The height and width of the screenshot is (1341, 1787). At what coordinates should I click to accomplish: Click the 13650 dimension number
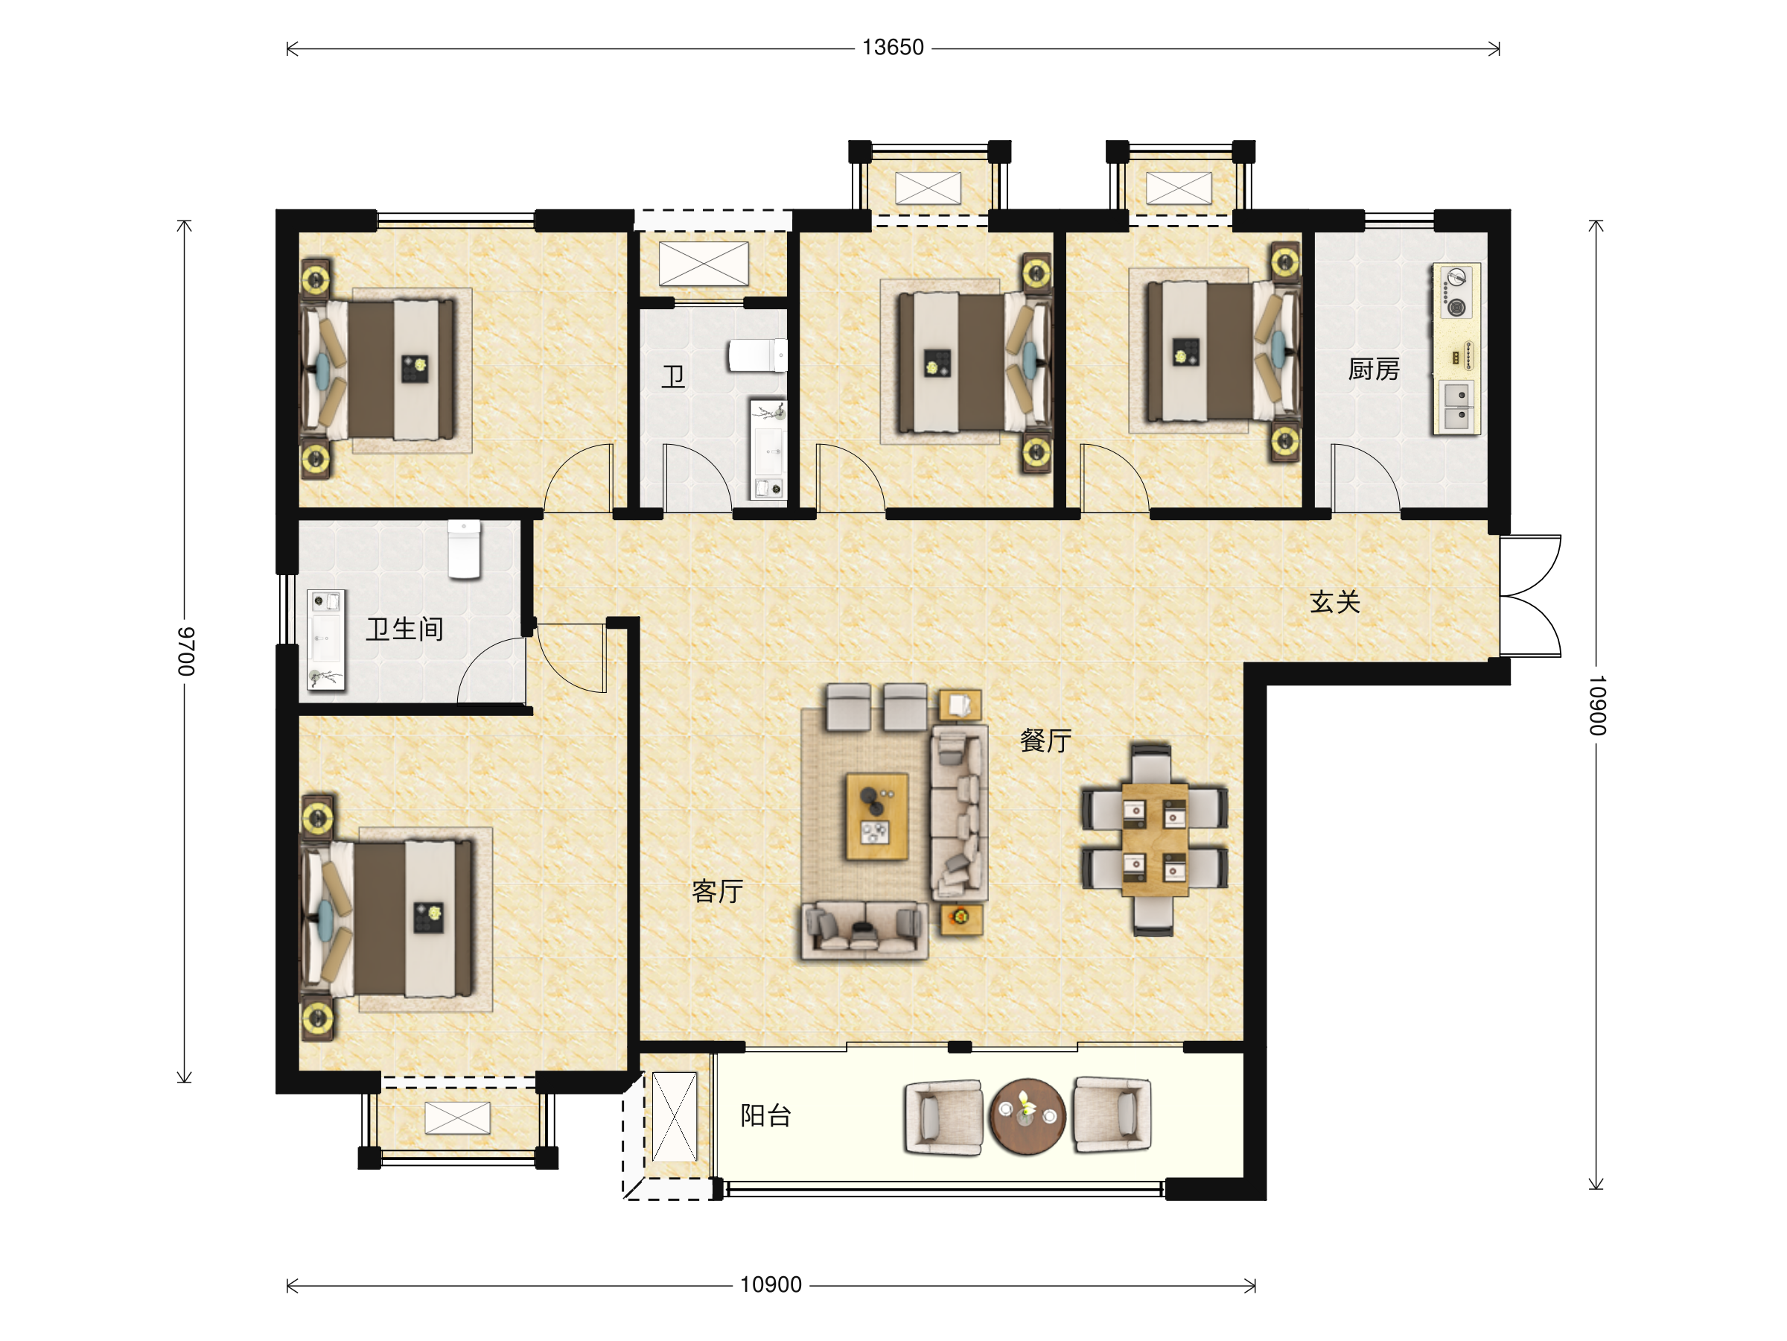pyautogui.click(x=892, y=48)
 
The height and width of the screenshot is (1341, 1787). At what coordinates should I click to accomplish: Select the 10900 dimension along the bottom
pyautogui.click(x=771, y=1284)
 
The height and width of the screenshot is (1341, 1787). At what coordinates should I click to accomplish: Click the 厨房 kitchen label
pyautogui.click(x=1373, y=370)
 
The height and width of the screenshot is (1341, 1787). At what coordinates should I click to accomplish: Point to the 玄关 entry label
pyautogui.click(x=1334, y=601)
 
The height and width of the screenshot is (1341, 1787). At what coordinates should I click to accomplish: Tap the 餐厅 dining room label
pyautogui.click(x=1045, y=740)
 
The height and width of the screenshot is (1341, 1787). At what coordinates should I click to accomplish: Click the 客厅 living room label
pyautogui.click(x=717, y=891)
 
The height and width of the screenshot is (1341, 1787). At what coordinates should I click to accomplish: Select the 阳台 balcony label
pyautogui.click(x=766, y=1115)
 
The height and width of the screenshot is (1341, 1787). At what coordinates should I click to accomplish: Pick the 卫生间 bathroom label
pyautogui.click(x=405, y=629)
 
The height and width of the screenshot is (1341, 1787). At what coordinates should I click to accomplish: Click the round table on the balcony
pyautogui.click(x=1028, y=1116)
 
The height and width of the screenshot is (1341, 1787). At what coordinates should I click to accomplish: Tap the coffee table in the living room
pyautogui.click(x=876, y=817)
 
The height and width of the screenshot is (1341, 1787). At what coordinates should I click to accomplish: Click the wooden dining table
pyautogui.click(x=1154, y=839)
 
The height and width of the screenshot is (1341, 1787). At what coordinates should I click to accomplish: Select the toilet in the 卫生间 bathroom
pyautogui.click(x=465, y=550)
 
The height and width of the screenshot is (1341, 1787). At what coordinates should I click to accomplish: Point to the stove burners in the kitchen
pyautogui.click(x=1456, y=292)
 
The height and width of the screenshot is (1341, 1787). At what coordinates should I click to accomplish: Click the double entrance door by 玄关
pyautogui.click(x=1530, y=596)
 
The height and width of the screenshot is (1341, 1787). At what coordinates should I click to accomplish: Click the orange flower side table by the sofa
pyautogui.click(x=961, y=919)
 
